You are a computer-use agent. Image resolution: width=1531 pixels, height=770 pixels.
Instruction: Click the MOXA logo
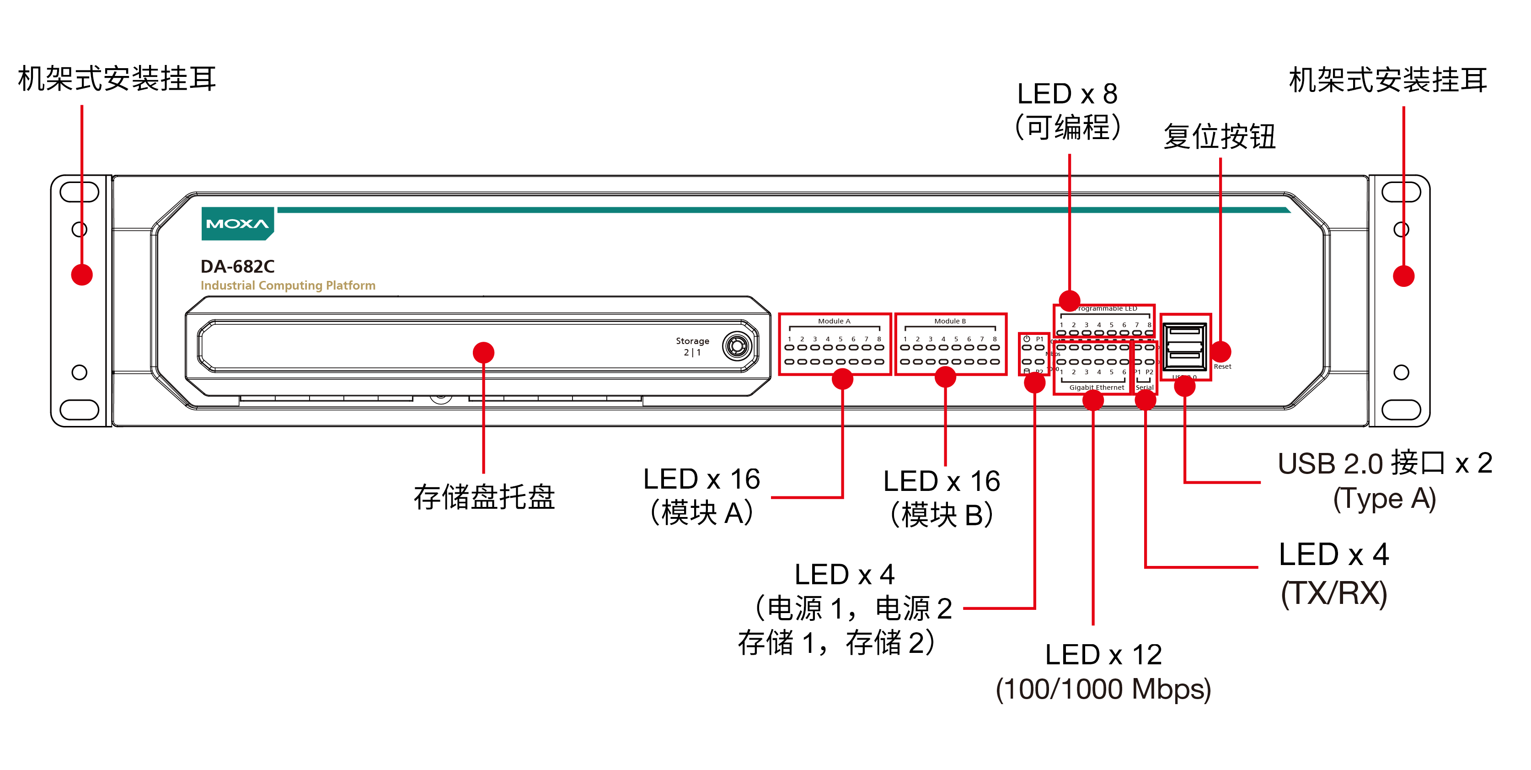coord(237,224)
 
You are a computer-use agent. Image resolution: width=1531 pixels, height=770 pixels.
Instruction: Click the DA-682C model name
coord(237,266)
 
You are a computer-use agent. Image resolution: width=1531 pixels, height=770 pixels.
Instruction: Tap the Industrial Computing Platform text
coord(288,285)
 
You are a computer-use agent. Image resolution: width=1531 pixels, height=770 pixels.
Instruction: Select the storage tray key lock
coord(737,345)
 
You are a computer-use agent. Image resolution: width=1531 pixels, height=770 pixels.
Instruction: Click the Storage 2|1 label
coord(692,346)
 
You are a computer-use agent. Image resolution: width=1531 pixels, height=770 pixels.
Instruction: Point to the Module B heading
coord(950,321)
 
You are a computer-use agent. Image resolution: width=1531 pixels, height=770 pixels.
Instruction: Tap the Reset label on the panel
coord(1222,367)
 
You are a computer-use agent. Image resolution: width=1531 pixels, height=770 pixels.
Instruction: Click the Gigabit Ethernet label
coord(1097,388)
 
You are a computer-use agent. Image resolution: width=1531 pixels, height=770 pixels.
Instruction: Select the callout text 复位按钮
coord(1220,137)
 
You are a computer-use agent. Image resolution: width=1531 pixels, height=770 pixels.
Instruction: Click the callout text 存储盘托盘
coord(484,497)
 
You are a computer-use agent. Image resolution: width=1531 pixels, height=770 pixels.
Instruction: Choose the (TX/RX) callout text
coord(1334,593)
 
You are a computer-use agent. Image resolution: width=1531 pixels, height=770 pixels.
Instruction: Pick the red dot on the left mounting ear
coord(82,275)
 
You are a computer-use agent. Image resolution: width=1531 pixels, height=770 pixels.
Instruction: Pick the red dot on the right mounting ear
coord(1403,276)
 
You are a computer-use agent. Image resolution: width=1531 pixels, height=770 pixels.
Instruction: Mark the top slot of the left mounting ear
coord(80,192)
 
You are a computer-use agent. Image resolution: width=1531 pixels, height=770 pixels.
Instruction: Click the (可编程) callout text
coord(1068,127)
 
